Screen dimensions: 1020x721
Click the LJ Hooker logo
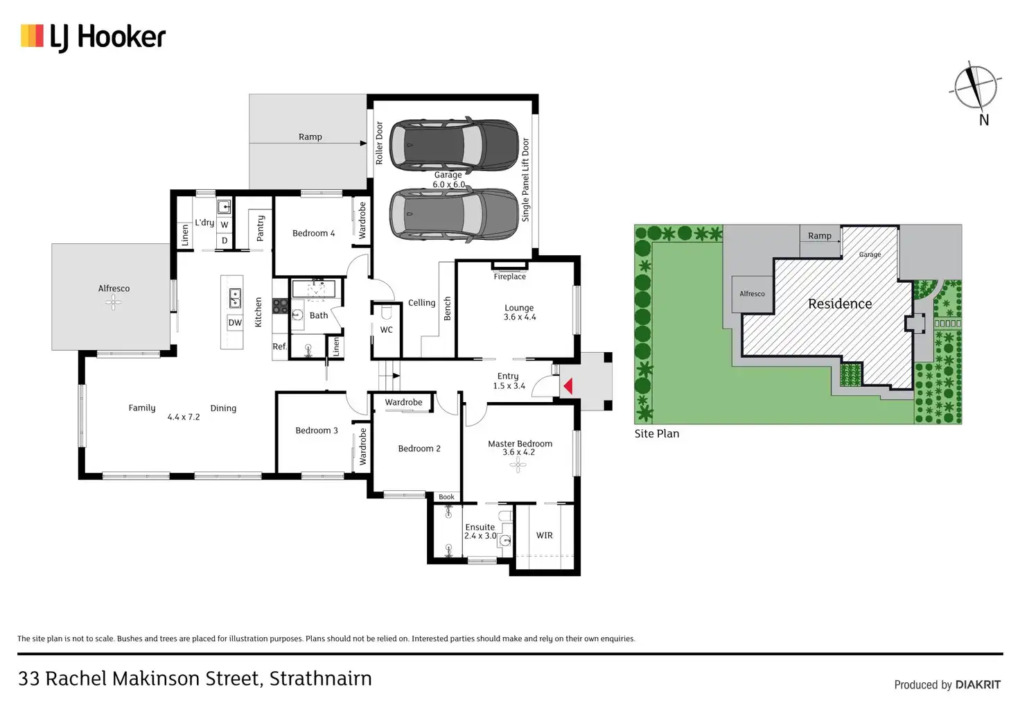(x=93, y=37)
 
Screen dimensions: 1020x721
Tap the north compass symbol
(x=976, y=88)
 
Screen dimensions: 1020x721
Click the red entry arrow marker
(x=568, y=386)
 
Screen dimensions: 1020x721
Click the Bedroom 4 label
(x=313, y=234)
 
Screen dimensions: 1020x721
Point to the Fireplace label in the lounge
(x=509, y=277)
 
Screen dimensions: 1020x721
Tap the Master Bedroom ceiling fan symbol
(x=518, y=464)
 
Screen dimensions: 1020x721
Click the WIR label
(x=545, y=535)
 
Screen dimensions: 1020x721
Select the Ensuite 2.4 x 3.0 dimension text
(x=480, y=536)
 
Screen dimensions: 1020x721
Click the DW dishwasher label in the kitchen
(x=235, y=323)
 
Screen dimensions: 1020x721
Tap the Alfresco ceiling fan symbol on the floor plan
(x=114, y=302)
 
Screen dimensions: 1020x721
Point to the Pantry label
(x=261, y=227)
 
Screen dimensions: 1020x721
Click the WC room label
(x=386, y=330)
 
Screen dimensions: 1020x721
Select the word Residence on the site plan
(x=840, y=304)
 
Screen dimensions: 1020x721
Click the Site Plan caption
(x=656, y=434)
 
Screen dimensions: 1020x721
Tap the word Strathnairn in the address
(x=320, y=678)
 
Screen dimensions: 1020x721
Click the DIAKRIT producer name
(x=978, y=685)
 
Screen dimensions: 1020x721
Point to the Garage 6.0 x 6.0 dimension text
(x=449, y=184)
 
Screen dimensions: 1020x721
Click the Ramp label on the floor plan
(x=310, y=137)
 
